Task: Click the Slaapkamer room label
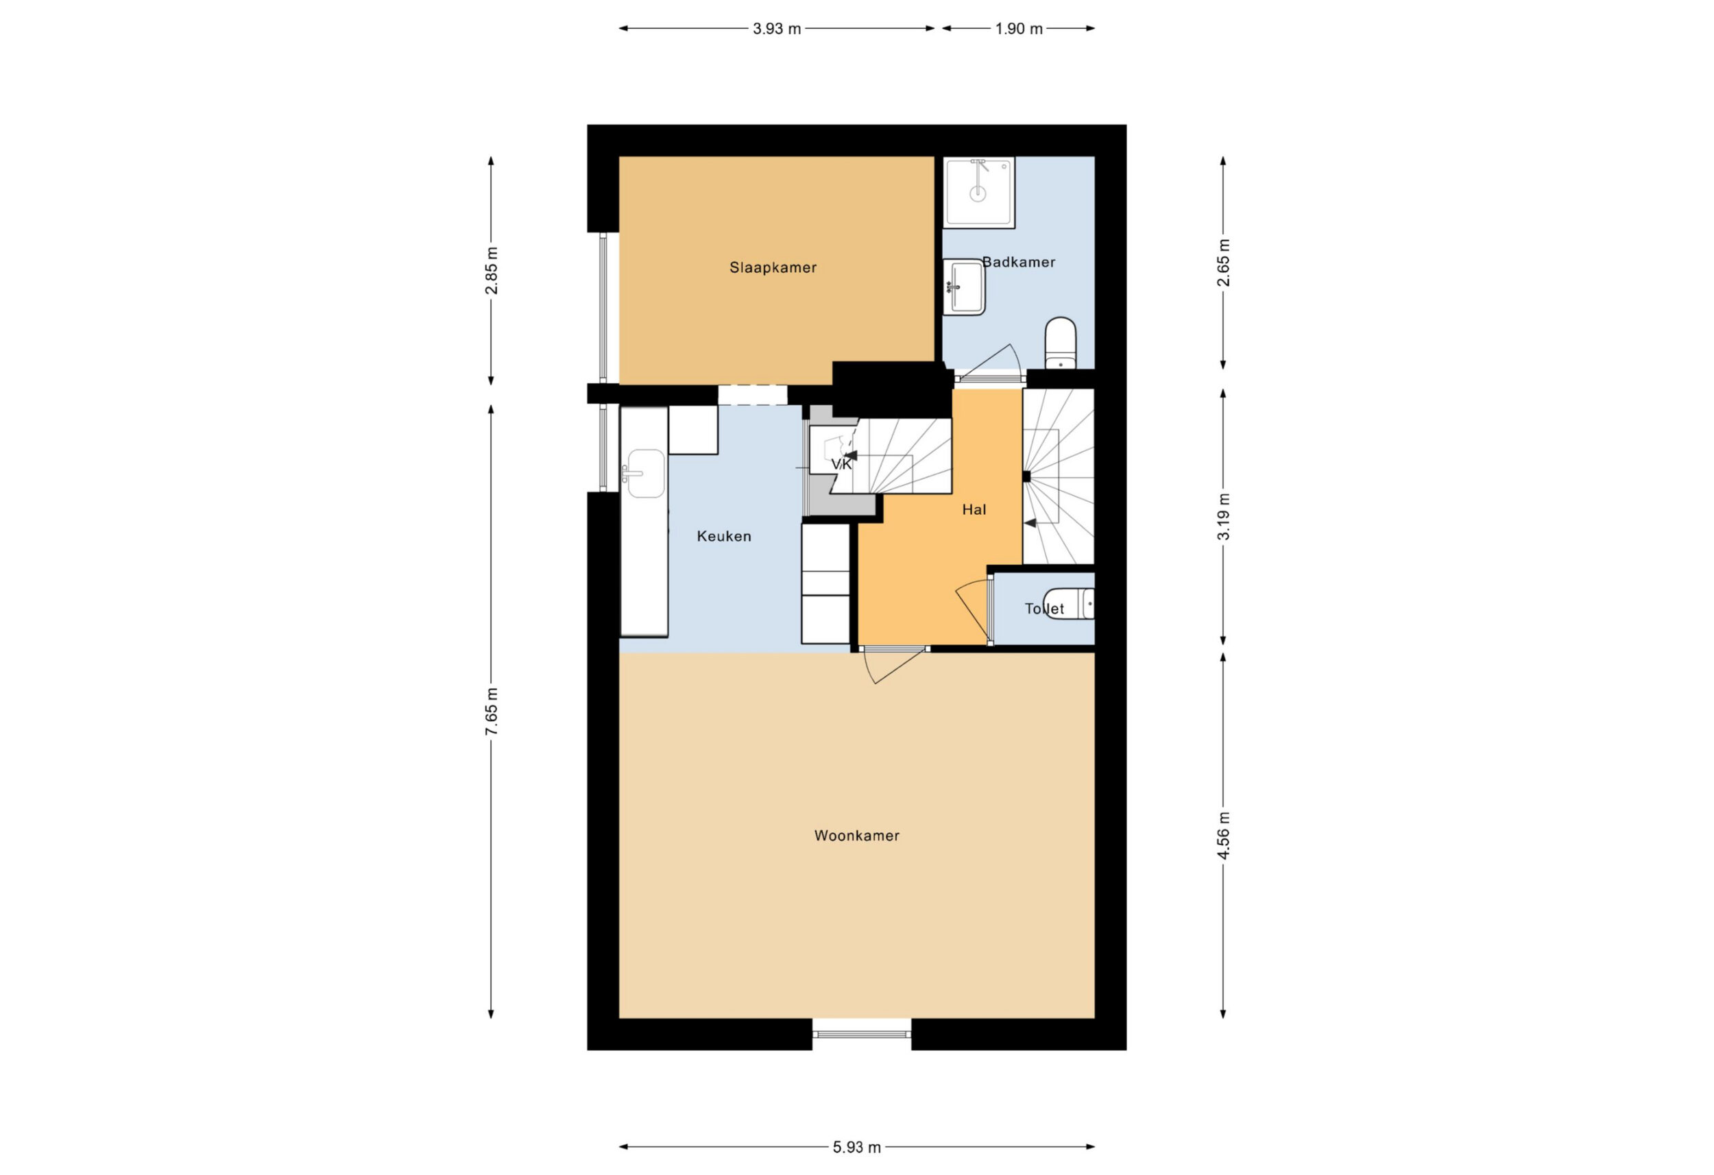pos(773,268)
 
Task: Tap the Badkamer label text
pos(1019,262)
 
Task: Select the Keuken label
pos(724,536)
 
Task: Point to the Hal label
pos(974,509)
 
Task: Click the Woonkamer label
pos(856,836)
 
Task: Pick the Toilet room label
pos(1044,609)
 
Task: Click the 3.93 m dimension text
pos(777,29)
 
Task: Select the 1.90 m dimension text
pos(1019,29)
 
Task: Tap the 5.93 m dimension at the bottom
pos(856,1147)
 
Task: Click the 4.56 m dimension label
pos(1224,835)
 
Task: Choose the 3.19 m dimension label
pos(1224,516)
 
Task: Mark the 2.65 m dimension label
pos(1224,263)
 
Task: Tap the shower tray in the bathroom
pos(978,192)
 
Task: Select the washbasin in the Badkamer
pos(964,287)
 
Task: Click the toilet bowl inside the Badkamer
pos(1061,343)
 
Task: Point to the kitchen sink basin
pos(644,474)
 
